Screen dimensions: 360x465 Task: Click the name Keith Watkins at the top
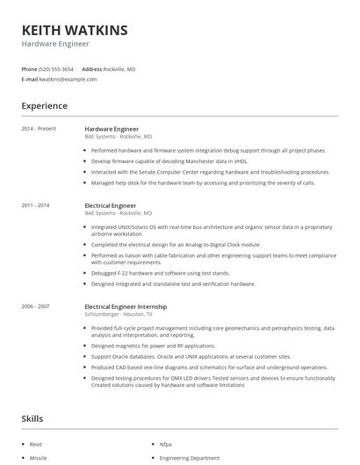75,31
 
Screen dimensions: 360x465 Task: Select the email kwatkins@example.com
68,79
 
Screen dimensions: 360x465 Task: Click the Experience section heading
44,106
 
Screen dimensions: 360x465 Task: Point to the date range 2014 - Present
39,129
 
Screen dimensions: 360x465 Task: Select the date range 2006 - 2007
36,305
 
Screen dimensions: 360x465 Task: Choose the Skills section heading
32,418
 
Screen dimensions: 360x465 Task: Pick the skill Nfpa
165,445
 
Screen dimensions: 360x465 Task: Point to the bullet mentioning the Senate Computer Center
211,172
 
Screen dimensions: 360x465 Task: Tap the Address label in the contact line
92,68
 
